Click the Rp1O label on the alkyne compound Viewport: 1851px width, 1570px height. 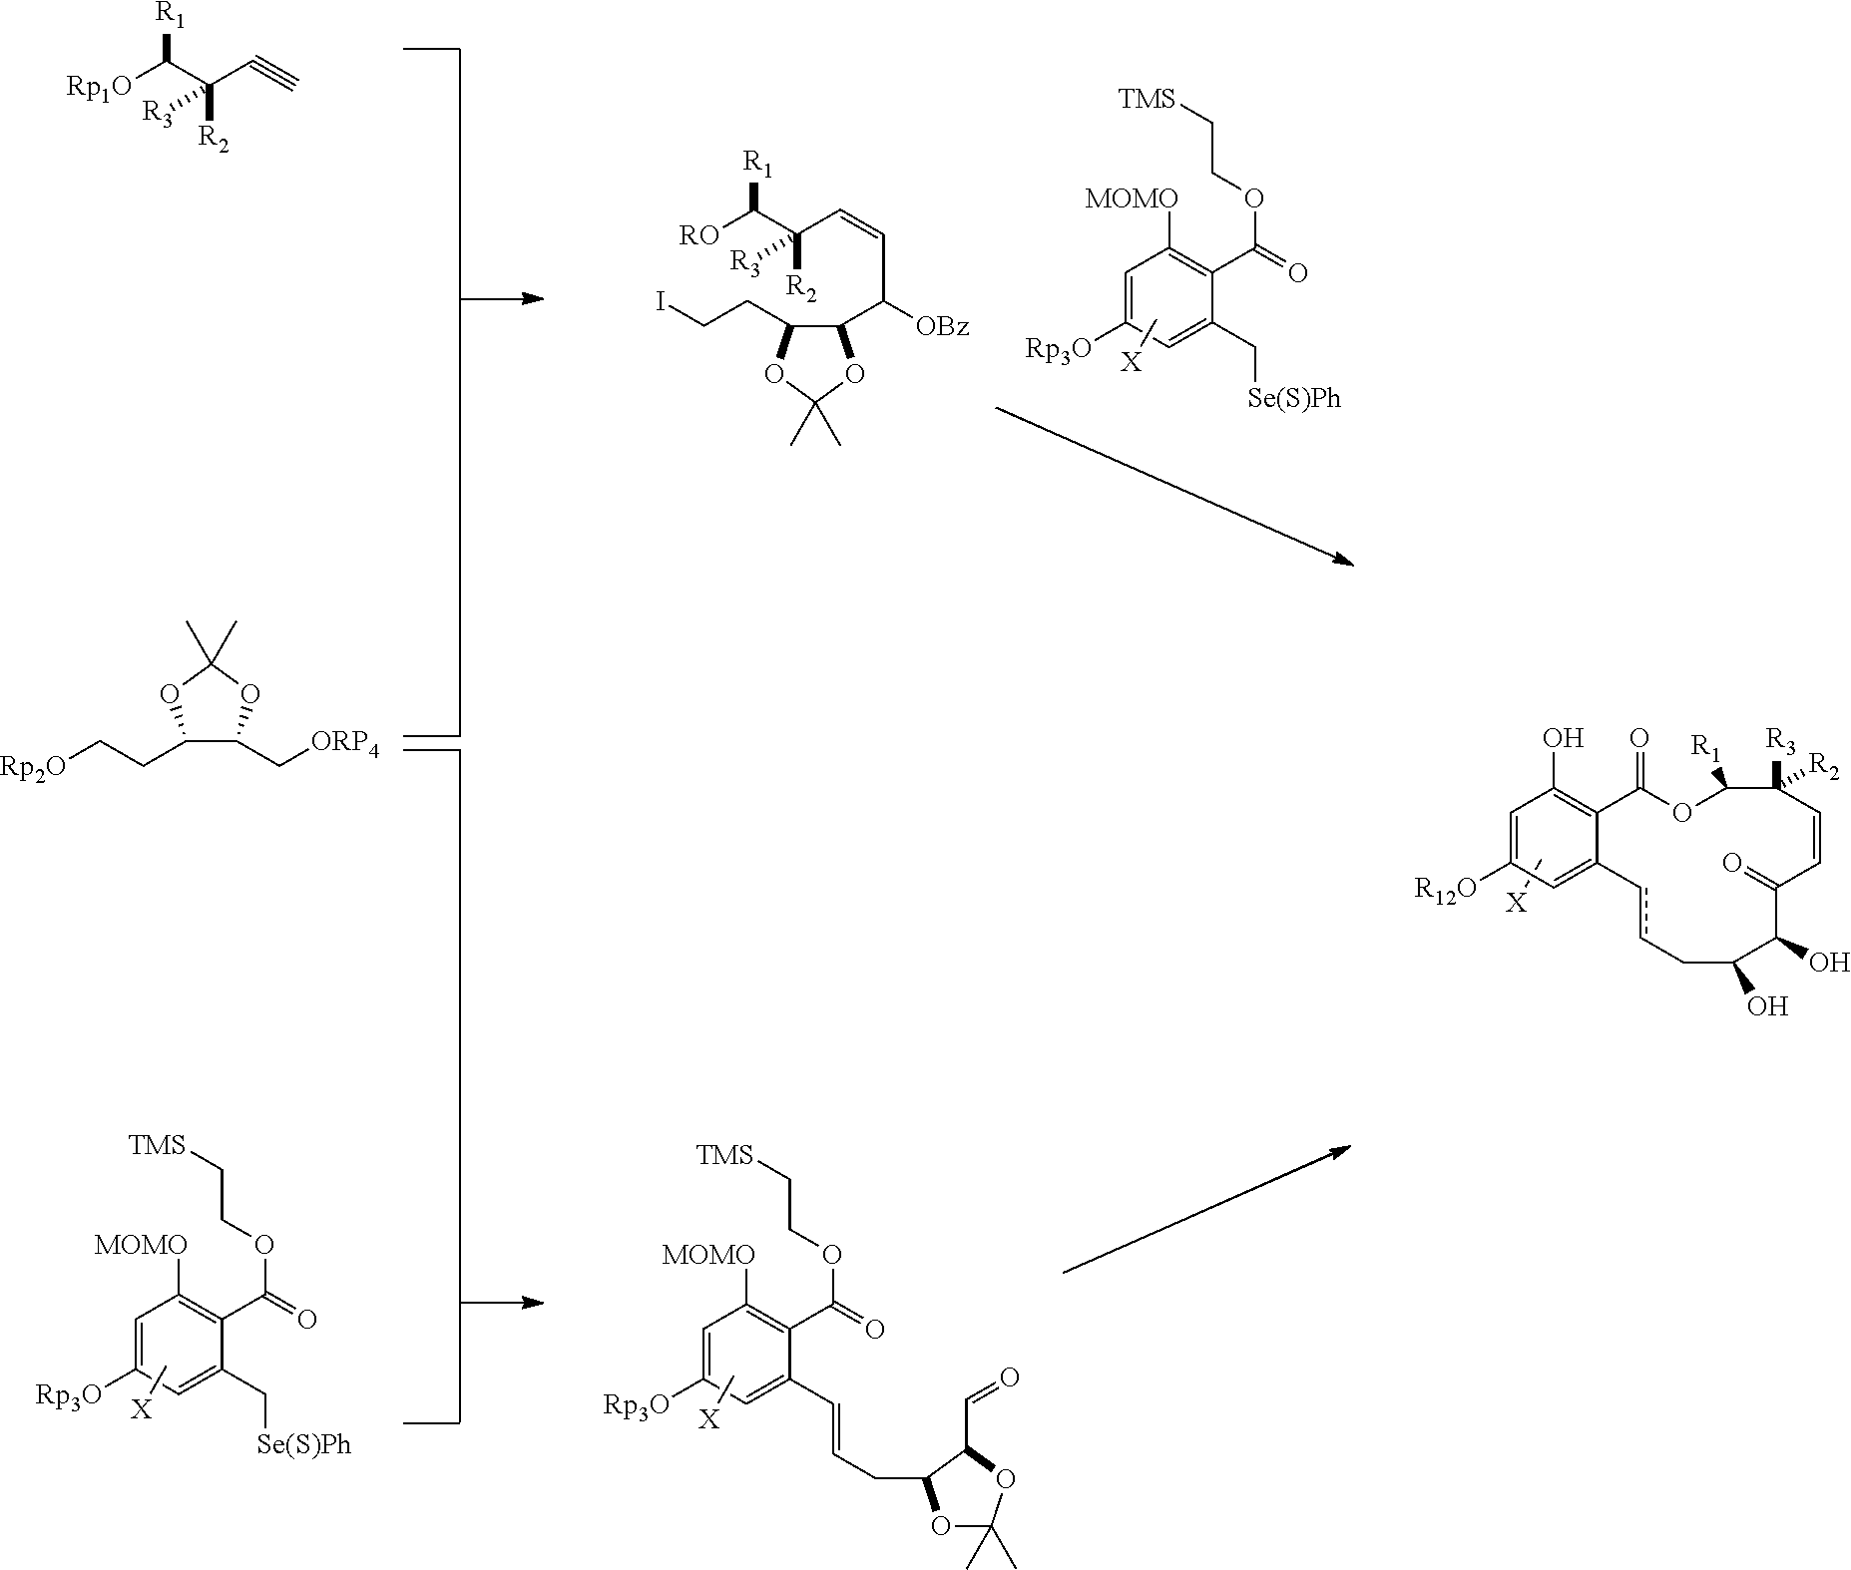tap(99, 86)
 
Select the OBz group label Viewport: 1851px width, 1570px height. tap(940, 327)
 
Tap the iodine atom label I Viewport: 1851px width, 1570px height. tap(661, 302)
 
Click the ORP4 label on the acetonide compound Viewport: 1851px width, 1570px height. tap(344, 744)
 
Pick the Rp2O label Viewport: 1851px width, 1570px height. tap(34, 765)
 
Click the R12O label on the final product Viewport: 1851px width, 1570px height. tap(1445, 888)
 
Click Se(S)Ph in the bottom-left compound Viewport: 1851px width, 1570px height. tap(304, 1443)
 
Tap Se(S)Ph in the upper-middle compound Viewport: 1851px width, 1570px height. tap(1294, 398)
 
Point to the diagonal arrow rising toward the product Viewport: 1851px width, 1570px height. tap(1206, 1209)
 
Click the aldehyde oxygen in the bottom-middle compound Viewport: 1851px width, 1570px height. tap(1008, 1378)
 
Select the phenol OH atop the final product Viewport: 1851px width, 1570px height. tap(1563, 739)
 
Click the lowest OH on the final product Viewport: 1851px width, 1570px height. tap(1766, 1006)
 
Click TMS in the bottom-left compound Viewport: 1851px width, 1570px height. tap(157, 1145)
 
